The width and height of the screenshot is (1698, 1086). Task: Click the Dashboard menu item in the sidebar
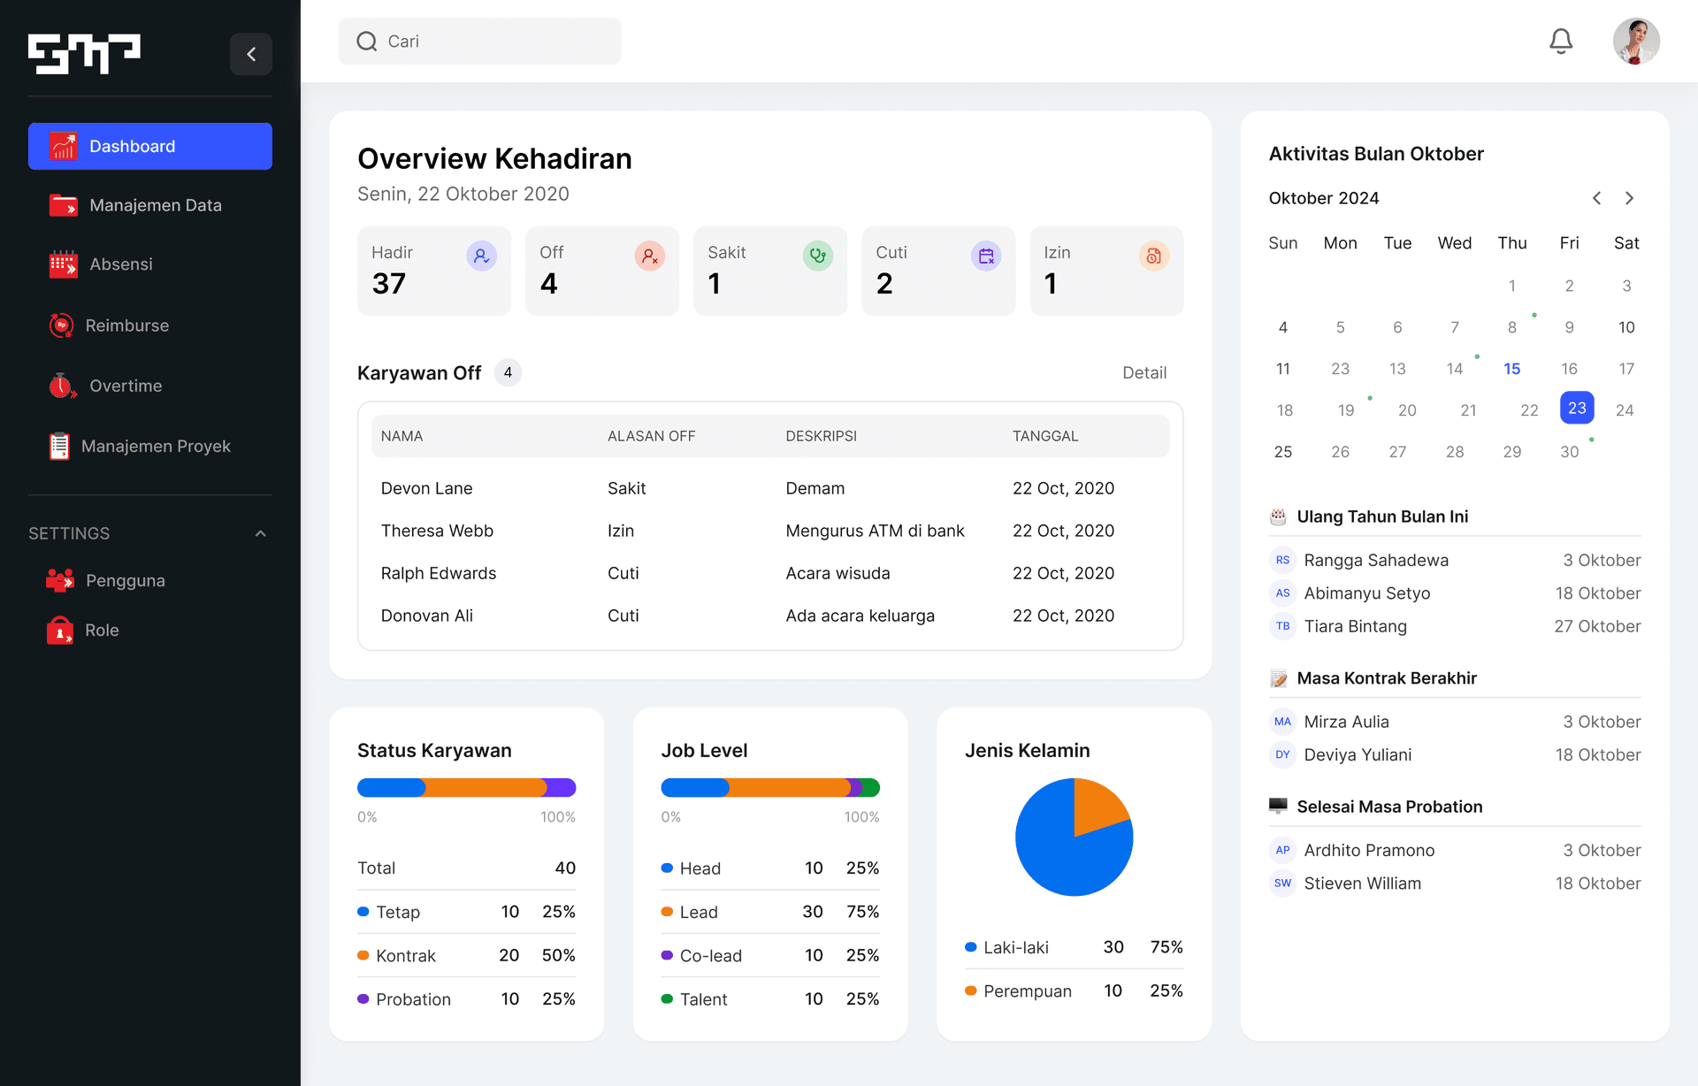click(149, 146)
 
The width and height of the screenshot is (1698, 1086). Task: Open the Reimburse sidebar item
click(126, 325)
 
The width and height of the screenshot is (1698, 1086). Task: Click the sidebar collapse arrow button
click(251, 54)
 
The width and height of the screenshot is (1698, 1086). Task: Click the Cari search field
click(480, 42)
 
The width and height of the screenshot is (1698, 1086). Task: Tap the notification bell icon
click(1561, 42)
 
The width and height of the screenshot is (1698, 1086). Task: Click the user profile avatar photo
click(1635, 42)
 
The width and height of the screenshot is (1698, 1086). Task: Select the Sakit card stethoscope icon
click(817, 256)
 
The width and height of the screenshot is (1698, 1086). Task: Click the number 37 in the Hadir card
click(389, 284)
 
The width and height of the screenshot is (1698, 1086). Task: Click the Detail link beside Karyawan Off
click(1143, 373)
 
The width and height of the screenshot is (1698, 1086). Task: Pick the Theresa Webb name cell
click(437, 531)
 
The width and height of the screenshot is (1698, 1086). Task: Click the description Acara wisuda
click(838, 573)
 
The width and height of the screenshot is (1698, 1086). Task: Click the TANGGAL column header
click(1044, 436)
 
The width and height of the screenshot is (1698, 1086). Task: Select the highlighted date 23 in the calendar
click(1577, 408)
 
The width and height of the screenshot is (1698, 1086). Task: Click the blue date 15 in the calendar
click(1511, 369)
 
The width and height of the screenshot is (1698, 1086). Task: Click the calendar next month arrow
click(1629, 198)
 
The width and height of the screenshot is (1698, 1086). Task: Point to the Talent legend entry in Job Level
click(703, 999)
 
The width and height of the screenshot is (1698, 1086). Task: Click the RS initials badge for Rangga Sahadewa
click(1282, 560)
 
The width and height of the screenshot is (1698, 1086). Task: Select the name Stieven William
click(1362, 883)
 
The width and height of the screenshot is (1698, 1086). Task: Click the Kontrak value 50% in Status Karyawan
click(558, 955)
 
